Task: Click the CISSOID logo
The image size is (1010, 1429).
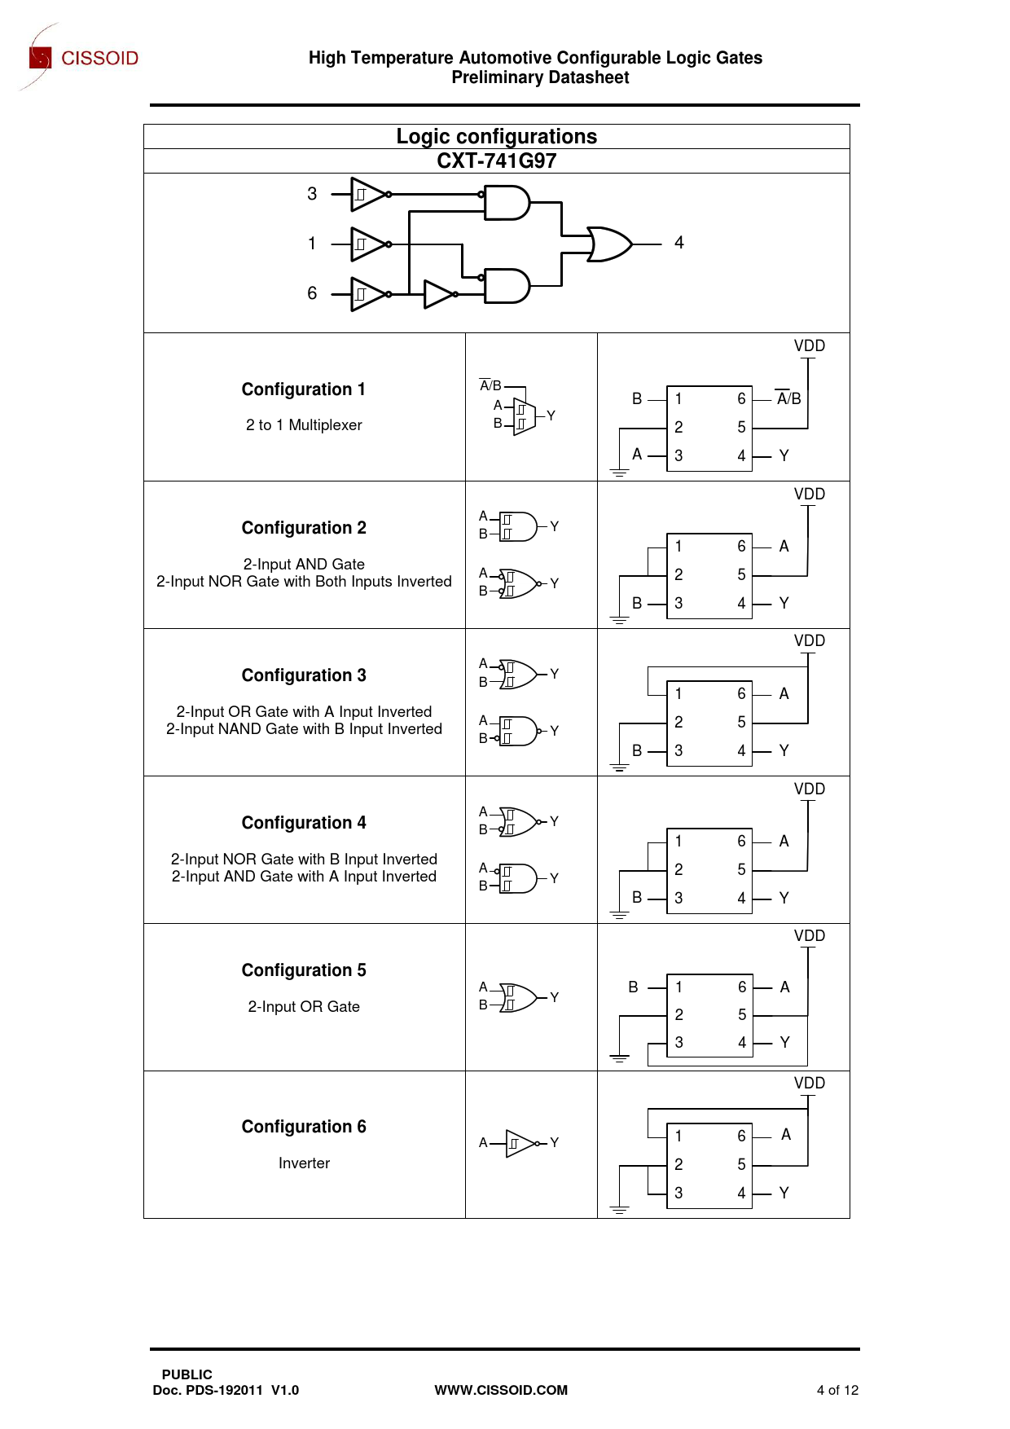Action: coord(81,57)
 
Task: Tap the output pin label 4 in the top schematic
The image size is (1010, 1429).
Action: coord(678,243)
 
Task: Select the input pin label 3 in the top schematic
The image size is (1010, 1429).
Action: coord(312,194)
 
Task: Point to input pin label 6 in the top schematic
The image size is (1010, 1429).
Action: coord(312,293)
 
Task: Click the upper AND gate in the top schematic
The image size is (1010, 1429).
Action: coord(507,203)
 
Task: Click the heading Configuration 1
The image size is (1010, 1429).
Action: coord(304,389)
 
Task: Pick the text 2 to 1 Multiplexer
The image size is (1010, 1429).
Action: coord(304,425)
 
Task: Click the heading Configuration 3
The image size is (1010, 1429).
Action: coord(304,675)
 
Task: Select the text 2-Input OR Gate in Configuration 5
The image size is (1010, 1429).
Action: coord(304,1007)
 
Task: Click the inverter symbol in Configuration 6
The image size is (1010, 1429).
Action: coord(520,1143)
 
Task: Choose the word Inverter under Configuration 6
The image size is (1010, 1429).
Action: coord(304,1163)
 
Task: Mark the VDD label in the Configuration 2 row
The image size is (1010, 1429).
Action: coord(810,495)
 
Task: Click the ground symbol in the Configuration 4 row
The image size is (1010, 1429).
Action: coord(620,916)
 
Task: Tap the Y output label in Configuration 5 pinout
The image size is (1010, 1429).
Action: coord(784,1043)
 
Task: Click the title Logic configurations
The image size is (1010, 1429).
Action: coord(497,136)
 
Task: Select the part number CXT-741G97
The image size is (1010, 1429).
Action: coord(497,160)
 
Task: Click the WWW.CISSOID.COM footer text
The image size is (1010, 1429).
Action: coord(501,1390)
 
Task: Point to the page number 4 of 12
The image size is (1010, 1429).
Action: coord(837,1390)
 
